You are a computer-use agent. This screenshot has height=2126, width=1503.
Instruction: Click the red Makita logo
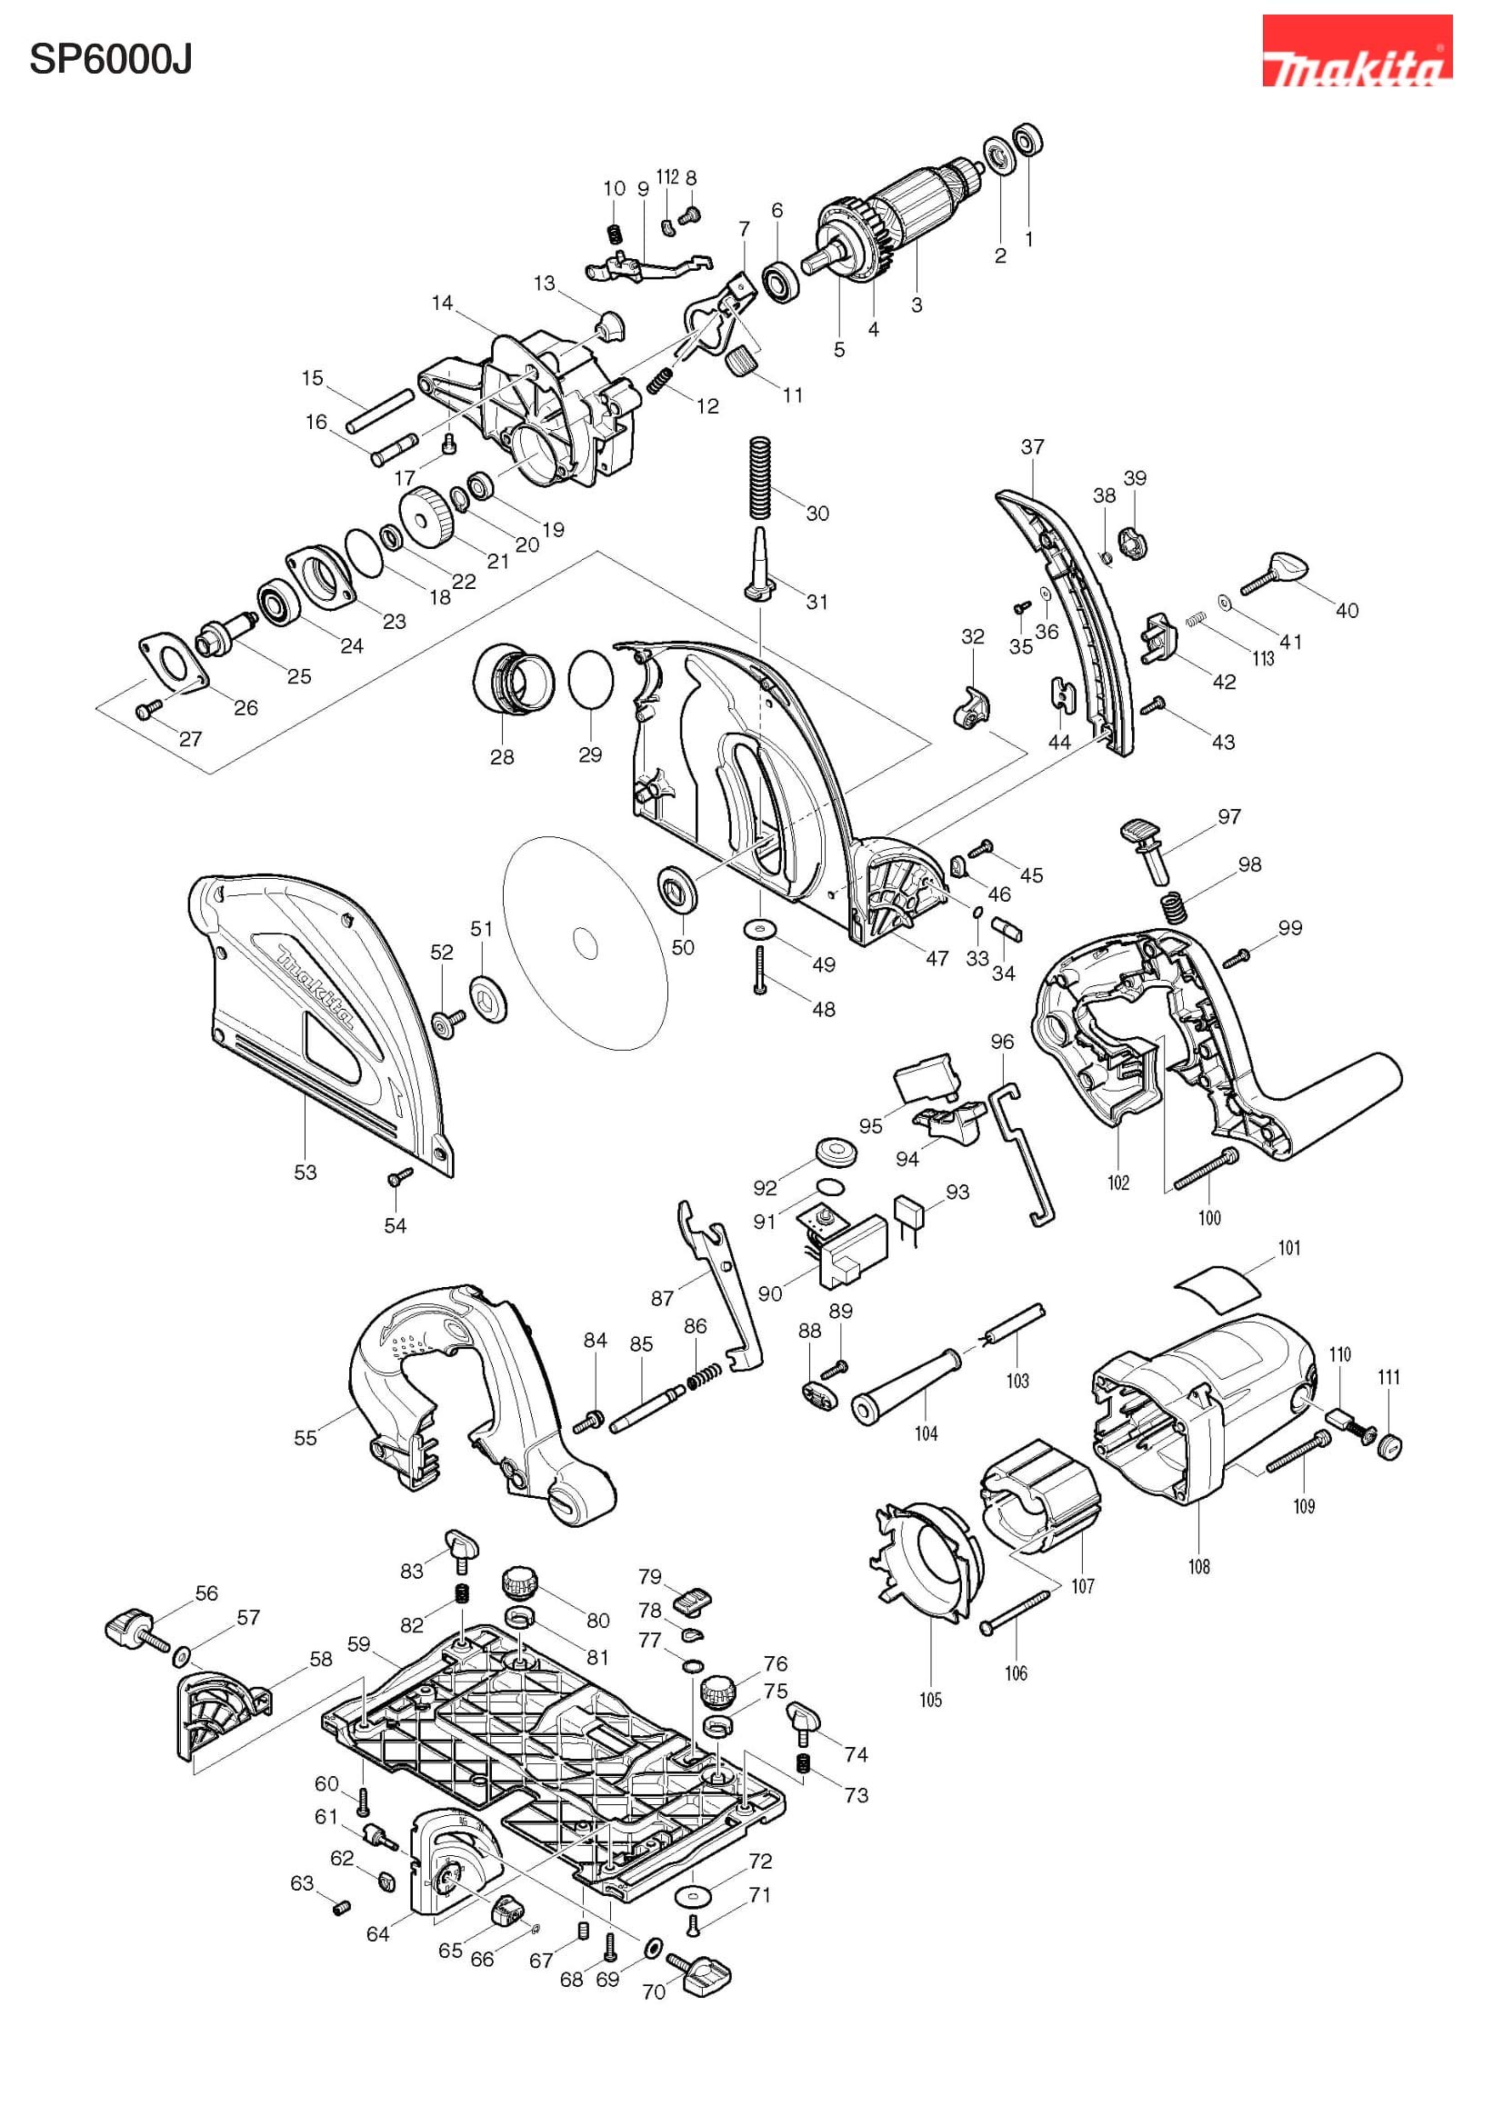click(x=1356, y=51)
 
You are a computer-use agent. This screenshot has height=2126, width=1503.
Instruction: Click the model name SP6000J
click(x=110, y=60)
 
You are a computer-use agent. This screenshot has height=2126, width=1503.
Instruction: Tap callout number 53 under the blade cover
click(x=306, y=1173)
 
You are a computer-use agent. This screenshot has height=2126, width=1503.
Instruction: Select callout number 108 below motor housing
click(x=1198, y=1567)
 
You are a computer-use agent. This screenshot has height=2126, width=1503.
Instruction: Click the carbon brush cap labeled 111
click(x=1389, y=1446)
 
